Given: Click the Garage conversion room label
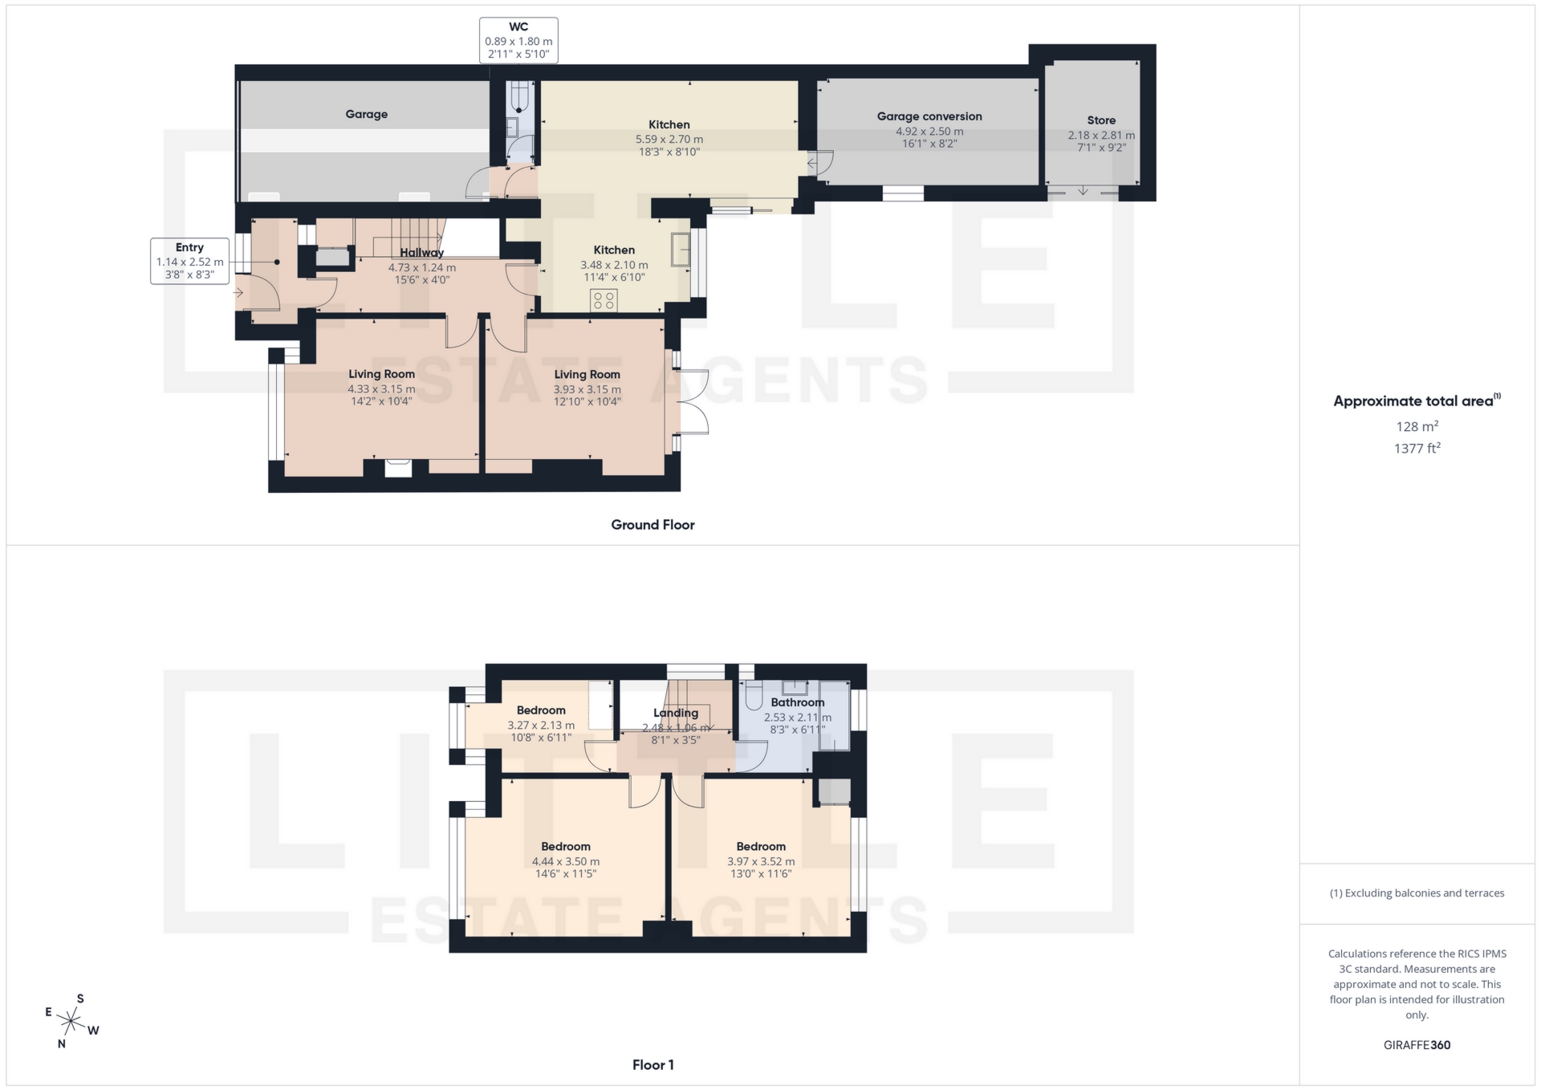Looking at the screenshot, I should click(x=929, y=116).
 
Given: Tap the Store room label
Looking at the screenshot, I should click(x=1101, y=120).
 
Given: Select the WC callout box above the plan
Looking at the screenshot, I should click(x=518, y=40).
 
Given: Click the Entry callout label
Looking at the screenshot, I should click(x=189, y=248).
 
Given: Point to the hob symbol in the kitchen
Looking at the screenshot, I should click(x=604, y=301).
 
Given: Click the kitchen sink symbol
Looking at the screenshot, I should click(x=681, y=249).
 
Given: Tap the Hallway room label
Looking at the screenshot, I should click(x=421, y=253).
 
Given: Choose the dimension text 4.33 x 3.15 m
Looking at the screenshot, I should click(x=381, y=389).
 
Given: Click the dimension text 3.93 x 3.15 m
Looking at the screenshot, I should click(x=587, y=389).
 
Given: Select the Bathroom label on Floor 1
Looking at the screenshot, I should click(x=797, y=702).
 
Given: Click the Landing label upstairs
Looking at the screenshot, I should click(x=676, y=713).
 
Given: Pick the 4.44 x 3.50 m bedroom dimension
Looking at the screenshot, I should click(x=566, y=861).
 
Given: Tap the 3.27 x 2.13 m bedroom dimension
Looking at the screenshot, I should click(x=541, y=725).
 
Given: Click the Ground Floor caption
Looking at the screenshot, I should click(x=653, y=525).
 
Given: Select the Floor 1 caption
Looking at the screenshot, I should click(x=653, y=1065).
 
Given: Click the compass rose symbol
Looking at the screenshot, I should click(x=72, y=1022).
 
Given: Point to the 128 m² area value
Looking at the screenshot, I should click(x=1417, y=426).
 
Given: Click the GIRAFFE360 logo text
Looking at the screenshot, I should click(x=1417, y=1045).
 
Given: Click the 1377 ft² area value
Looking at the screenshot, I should click(x=1417, y=448).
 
